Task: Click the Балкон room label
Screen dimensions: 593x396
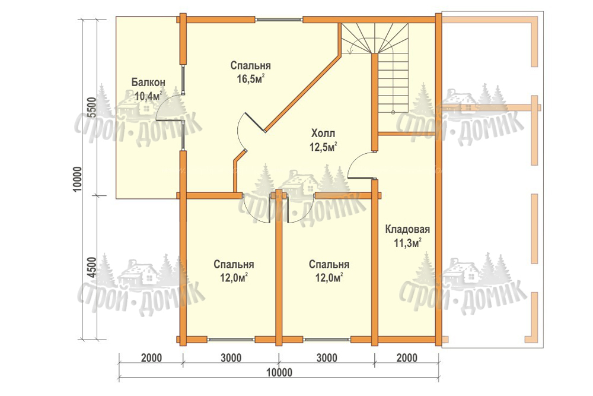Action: point(148,82)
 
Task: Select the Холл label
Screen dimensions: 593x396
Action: point(323,133)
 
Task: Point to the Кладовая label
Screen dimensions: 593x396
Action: point(407,229)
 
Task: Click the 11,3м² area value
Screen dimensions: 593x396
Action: point(408,243)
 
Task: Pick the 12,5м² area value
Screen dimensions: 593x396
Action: point(323,147)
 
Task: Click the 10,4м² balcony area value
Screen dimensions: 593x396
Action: point(148,96)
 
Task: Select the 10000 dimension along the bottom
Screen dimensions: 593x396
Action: point(279,372)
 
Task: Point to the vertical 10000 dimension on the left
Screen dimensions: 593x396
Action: point(77,179)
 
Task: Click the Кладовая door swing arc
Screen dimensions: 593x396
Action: point(355,159)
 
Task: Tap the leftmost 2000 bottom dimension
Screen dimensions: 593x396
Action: point(151,358)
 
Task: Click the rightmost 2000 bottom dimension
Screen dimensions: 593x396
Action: point(407,358)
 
